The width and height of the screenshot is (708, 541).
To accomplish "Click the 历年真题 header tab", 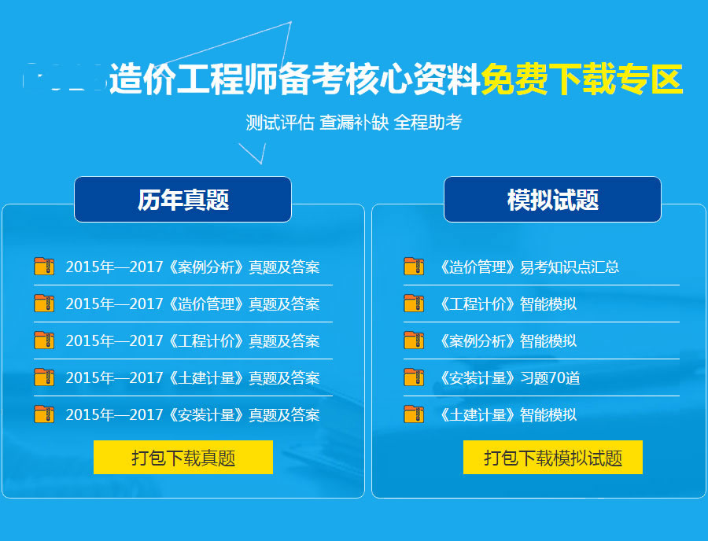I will [x=183, y=200].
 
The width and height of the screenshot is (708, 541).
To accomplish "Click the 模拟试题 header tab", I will [x=552, y=200].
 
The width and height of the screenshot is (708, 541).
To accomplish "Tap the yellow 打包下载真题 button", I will [x=183, y=458].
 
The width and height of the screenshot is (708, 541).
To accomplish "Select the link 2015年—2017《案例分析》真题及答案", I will [x=193, y=267].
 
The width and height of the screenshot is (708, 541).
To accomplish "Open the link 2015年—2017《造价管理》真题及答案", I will [x=193, y=304].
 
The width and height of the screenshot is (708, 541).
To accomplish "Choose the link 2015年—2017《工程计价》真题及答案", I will [x=193, y=341].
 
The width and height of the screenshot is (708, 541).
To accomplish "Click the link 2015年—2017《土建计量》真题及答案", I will [x=193, y=378].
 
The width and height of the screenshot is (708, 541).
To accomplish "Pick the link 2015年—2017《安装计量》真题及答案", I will [x=193, y=415].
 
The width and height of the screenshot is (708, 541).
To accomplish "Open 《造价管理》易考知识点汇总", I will [x=528, y=267].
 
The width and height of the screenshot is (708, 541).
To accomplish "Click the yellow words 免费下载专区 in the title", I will [x=581, y=79].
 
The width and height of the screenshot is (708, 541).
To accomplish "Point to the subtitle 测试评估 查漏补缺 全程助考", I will [x=353, y=123].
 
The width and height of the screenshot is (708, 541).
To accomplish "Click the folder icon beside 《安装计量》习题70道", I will [x=414, y=377].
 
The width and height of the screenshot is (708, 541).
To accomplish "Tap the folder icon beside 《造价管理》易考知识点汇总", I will [x=414, y=267].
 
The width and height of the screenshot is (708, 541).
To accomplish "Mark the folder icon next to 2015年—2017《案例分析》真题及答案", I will [x=44, y=267].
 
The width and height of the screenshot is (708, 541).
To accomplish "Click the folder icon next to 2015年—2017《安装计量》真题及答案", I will [x=44, y=414].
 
